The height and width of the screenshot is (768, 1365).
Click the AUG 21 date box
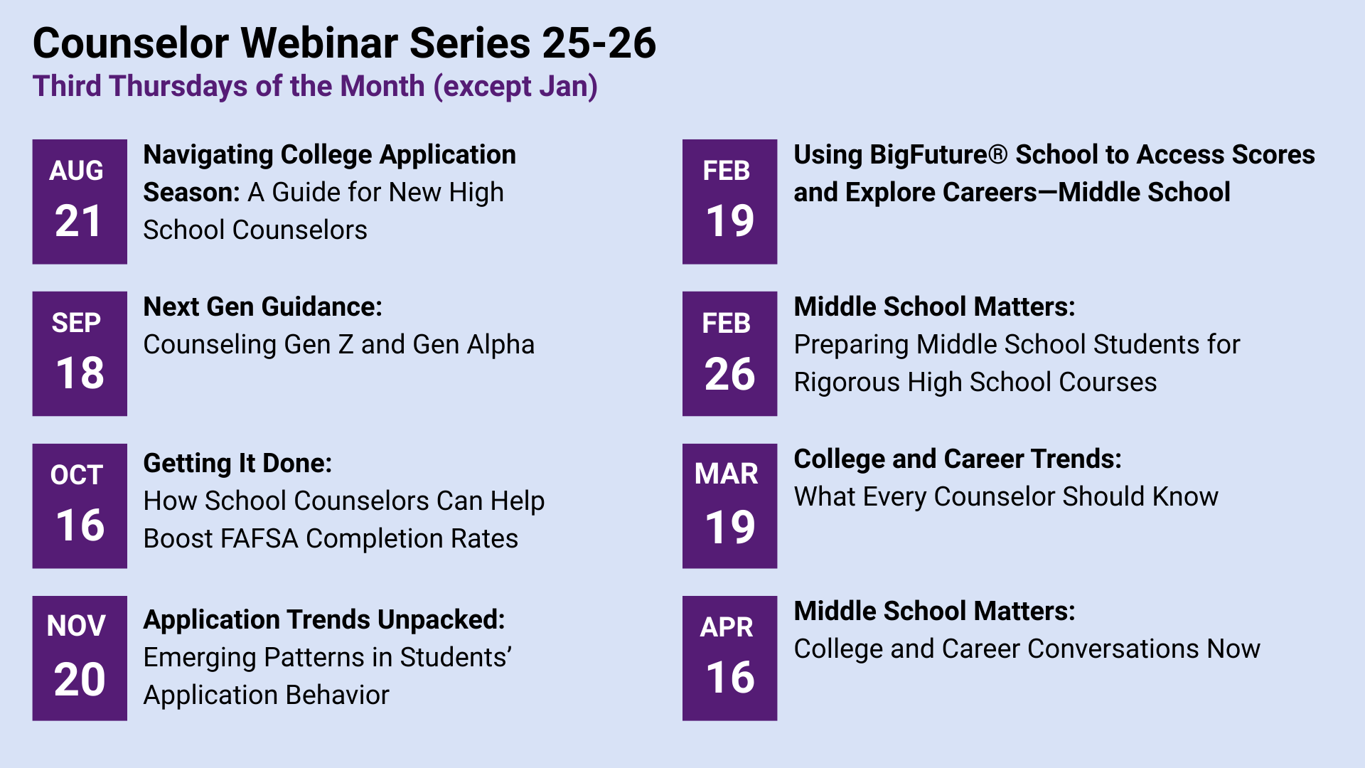coord(80,201)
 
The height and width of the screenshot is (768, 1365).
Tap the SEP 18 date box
coord(80,353)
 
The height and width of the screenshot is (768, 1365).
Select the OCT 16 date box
coord(80,506)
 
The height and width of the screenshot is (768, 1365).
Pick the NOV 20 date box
coord(80,658)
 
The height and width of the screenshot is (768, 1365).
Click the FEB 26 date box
coord(729,353)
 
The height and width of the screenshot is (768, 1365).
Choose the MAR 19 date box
coord(729,506)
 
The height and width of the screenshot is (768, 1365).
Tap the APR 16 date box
coord(729,658)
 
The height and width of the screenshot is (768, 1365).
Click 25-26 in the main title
coord(599,43)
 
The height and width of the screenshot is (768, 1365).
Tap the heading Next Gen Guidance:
coord(262,306)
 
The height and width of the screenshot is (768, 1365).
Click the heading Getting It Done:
coord(237,463)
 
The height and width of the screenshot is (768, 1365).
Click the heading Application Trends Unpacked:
coord(324,619)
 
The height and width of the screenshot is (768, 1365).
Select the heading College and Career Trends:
coord(957,459)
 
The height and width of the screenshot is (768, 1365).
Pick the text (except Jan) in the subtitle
coord(515,86)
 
